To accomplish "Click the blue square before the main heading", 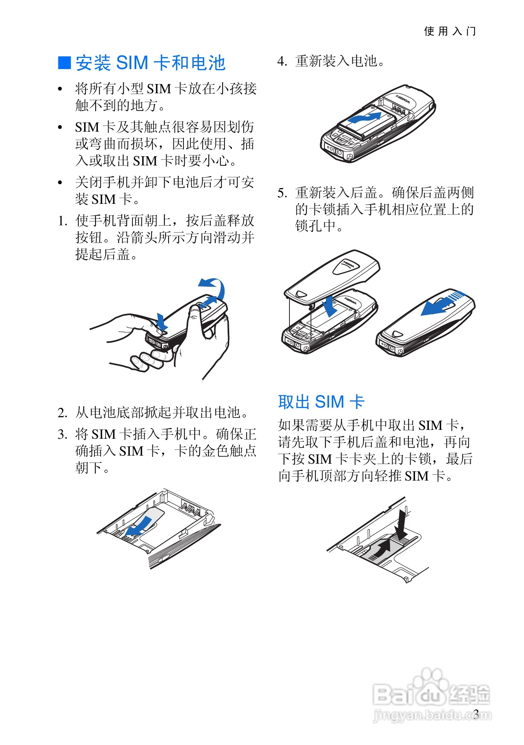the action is [64, 63].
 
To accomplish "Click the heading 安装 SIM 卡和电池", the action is [150, 63].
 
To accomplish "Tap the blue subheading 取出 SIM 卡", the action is [321, 402].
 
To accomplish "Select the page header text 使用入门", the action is [450, 31].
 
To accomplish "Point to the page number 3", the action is [476, 714].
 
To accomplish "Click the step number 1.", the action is [62, 221].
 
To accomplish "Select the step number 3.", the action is [62, 434].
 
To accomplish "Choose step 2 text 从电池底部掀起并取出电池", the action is [162, 413].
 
